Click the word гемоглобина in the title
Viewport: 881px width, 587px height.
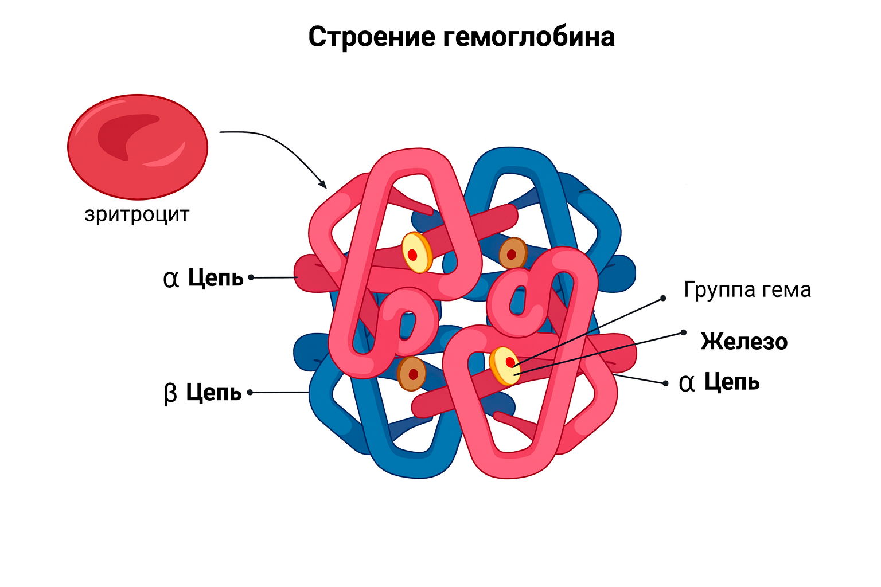[x=529, y=37]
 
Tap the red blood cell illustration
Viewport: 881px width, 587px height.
[x=138, y=147]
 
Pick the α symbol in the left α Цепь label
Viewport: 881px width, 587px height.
[x=171, y=279]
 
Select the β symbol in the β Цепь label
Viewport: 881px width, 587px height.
[x=170, y=394]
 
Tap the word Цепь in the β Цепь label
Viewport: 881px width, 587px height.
[x=214, y=393]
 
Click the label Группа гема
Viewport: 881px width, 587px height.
[x=747, y=289]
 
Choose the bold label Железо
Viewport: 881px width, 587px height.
[x=744, y=342]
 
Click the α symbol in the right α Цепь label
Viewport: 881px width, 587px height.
[x=686, y=382]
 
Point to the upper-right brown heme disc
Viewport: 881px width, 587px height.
[x=512, y=254]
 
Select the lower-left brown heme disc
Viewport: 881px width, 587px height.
[x=412, y=374]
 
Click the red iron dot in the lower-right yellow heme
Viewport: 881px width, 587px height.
[x=510, y=362]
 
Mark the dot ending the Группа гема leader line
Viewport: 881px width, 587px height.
[x=663, y=298]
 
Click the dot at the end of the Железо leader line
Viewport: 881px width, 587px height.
[x=683, y=332]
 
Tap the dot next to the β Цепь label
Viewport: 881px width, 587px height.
[x=250, y=393]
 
